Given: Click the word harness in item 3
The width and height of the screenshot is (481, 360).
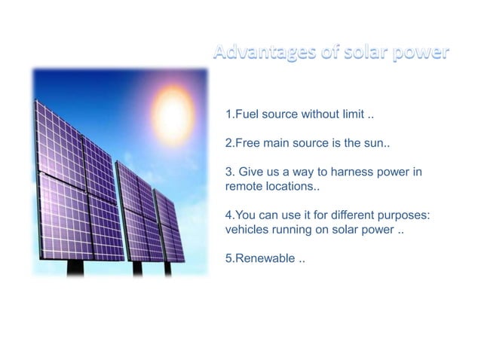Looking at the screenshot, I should point(351,172).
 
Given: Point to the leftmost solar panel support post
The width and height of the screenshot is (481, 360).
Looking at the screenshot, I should point(75,266).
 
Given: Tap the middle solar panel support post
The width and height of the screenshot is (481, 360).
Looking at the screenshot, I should point(136,267).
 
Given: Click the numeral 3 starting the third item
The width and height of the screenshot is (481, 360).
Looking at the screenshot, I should point(229,172).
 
